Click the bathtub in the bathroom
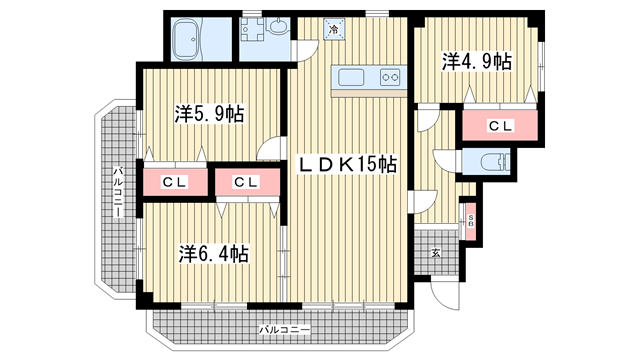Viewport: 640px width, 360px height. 187,40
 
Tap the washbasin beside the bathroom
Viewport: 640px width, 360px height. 278,26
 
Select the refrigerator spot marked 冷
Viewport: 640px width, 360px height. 334,29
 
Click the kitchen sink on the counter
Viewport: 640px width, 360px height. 351,77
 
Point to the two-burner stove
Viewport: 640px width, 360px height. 390,77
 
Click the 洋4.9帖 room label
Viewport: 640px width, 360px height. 477,62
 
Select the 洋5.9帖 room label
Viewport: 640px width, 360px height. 209,114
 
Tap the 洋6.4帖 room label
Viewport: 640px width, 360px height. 213,254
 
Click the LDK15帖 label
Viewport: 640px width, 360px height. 347,164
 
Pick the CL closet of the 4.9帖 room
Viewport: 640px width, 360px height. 500,126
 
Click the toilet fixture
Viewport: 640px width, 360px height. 495,162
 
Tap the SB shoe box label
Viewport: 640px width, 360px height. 471,221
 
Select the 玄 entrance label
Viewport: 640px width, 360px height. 436,253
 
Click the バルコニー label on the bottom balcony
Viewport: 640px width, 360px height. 284,329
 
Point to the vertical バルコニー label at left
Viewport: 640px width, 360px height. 118,191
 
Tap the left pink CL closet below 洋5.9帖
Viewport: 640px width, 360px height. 174,182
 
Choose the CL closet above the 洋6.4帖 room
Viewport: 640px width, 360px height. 247,182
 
